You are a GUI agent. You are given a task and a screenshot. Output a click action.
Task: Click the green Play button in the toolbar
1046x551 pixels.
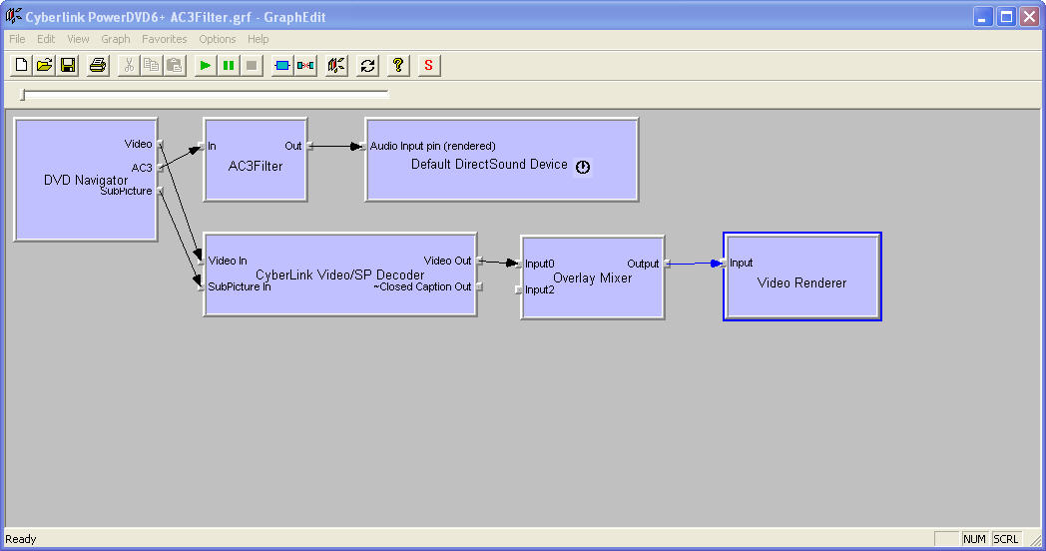point(206,65)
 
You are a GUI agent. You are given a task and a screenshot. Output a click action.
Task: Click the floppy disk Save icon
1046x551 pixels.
point(68,65)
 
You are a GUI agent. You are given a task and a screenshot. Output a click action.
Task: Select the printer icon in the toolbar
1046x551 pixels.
point(98,65)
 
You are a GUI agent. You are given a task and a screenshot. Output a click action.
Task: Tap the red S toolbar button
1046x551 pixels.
point(428,65)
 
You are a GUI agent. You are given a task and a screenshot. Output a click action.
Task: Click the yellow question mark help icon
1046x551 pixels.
point(398,65)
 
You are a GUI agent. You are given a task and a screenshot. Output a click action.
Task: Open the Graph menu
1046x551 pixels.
point(116,39)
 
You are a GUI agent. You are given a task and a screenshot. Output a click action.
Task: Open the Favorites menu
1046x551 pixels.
point(164,39)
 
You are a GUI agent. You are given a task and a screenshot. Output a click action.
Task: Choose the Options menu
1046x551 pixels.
point(218,39)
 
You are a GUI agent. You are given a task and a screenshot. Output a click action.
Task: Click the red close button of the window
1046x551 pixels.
point(1029,17)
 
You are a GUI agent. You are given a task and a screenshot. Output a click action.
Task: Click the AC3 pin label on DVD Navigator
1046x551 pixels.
point(142,168)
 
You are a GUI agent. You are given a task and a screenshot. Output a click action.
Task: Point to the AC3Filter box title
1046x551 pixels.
point(256,166)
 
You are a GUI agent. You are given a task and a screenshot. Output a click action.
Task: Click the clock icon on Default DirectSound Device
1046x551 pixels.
point(583,167)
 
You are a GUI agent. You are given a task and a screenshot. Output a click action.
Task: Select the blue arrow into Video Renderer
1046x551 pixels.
point(695,264)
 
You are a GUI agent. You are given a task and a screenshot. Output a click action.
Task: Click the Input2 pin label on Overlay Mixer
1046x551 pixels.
point(540,289)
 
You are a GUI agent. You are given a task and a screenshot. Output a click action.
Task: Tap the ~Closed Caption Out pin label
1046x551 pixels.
point(422,286)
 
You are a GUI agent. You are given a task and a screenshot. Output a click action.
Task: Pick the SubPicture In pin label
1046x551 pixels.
point(240,286)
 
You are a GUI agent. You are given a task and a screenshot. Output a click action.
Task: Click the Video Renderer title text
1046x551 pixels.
point(801,282)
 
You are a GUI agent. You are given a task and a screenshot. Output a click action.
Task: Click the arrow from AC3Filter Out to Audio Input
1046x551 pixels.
point(337,146)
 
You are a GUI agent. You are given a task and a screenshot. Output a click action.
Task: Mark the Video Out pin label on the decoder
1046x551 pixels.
point(447,261)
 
